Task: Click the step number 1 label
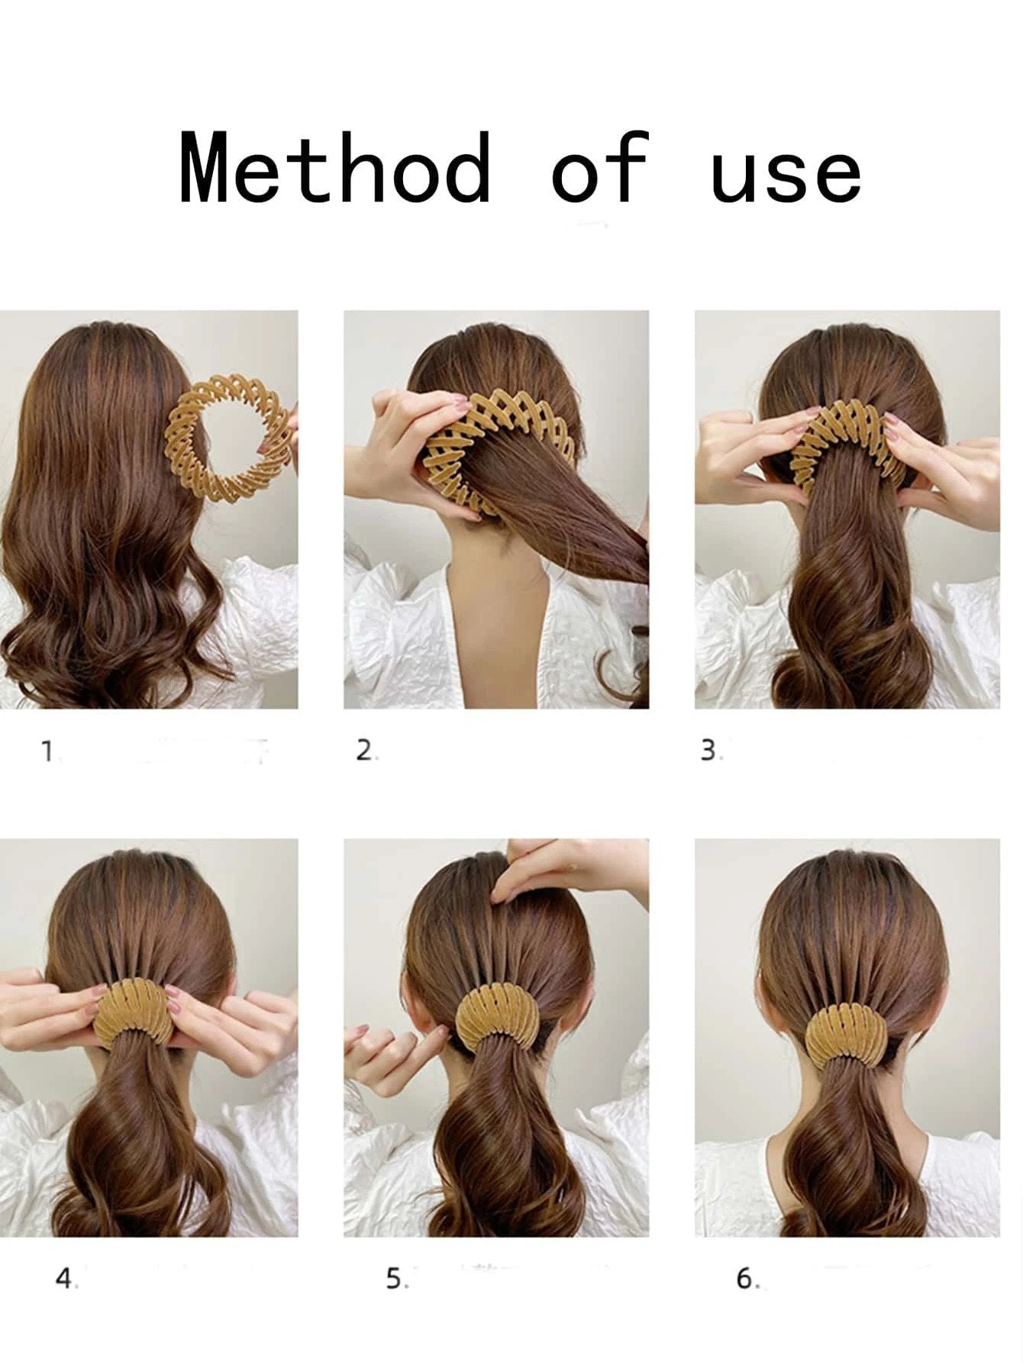48,753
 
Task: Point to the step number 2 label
365,751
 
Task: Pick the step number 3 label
709,751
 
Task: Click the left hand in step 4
53,1008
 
